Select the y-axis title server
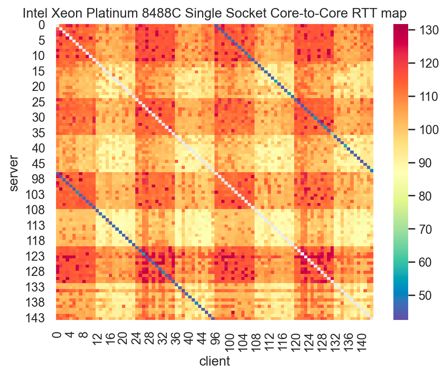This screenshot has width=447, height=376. (14, 172)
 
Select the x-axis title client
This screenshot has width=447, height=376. (215, 362)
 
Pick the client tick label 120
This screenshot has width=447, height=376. (295, 339)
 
